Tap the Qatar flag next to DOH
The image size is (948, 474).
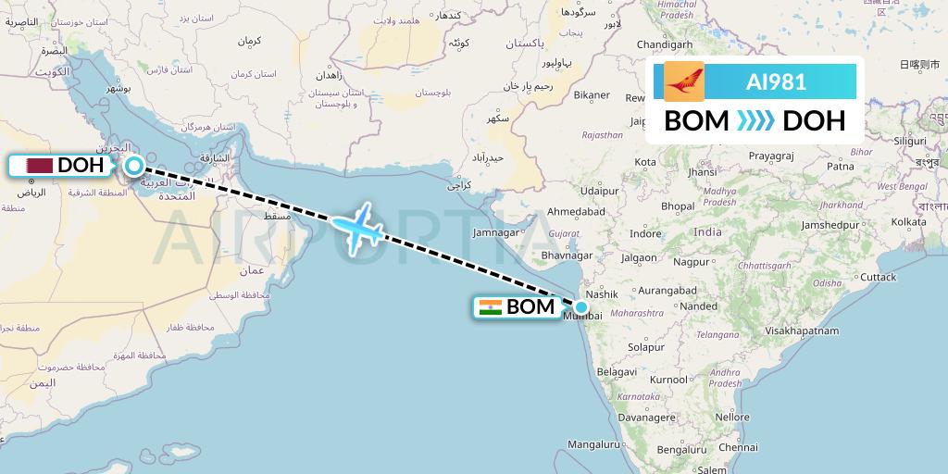39,166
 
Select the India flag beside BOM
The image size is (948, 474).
491,307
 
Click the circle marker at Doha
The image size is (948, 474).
134,167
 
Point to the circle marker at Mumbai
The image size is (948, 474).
580,307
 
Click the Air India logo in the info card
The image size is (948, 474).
683,81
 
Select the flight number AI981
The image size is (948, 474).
776,81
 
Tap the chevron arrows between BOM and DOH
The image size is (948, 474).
757,121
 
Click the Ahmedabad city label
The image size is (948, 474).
576,211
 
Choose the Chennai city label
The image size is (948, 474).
737,447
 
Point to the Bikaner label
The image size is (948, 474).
592,94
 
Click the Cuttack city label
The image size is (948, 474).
878,277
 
